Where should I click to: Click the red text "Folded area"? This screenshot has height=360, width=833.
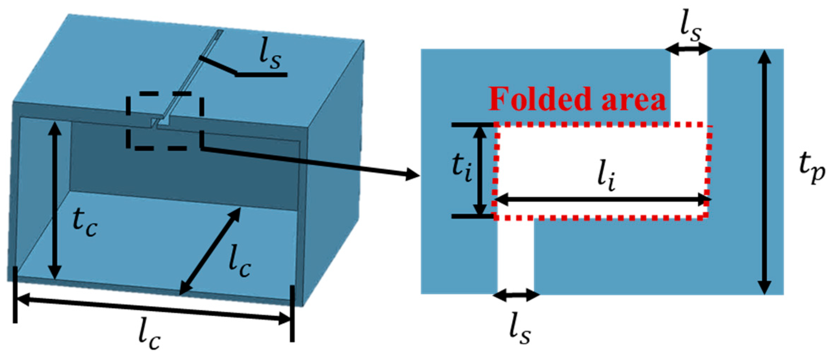pos(577,99)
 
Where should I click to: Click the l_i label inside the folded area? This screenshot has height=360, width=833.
pos(607,178)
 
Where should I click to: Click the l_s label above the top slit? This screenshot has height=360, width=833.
pos(691,27)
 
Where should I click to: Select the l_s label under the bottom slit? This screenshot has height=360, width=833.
pos(520,329)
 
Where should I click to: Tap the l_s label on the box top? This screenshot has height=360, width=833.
pos(270,55)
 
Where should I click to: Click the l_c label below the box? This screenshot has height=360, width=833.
pos(149,336)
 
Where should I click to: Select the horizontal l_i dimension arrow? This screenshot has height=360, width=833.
pos(603,200)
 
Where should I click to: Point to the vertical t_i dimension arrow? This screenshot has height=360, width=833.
pos(479,171)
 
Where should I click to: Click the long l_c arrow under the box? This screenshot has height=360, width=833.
pos(153,310)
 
